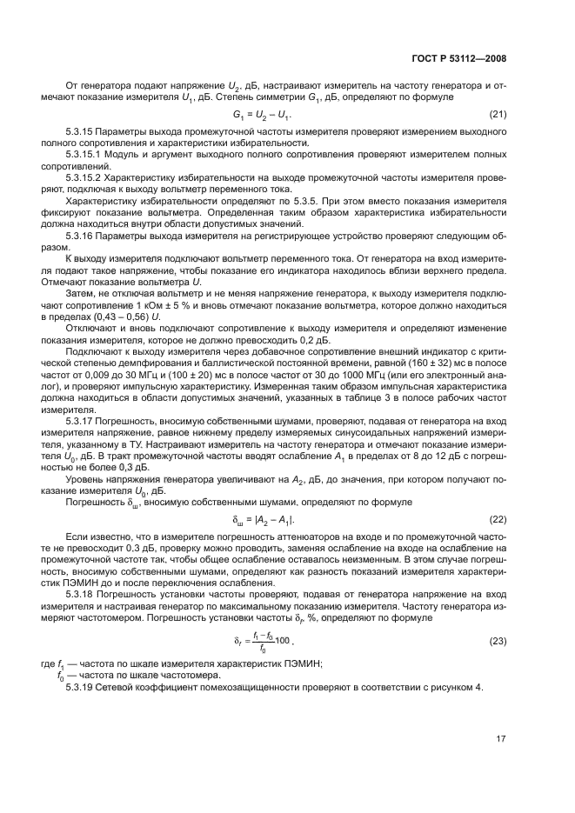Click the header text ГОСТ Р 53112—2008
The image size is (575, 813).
tap(459, 58)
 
